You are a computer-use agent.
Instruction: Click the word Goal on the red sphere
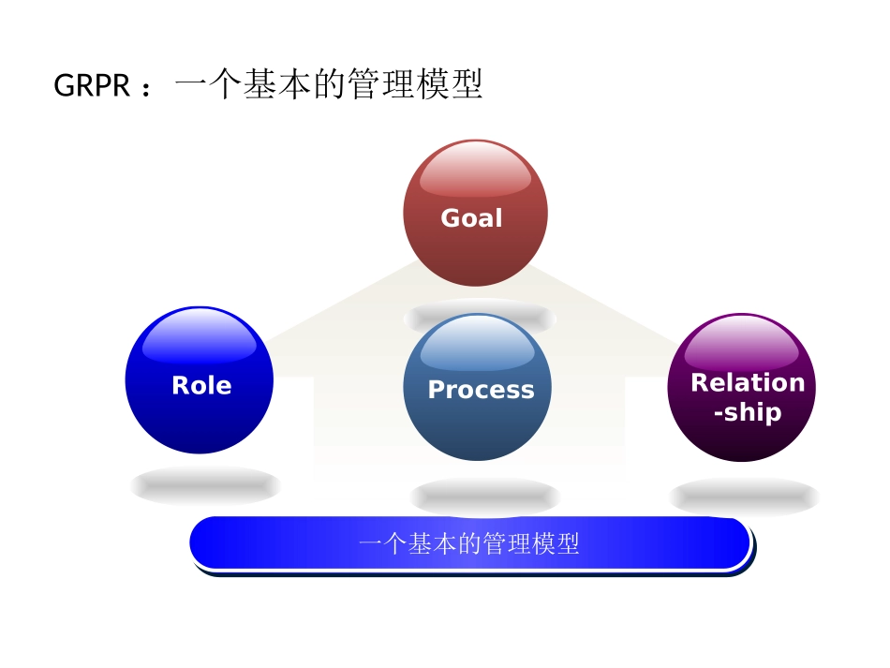[471, 218]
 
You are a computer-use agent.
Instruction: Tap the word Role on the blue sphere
[201, 385]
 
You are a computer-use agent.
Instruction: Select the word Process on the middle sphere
[481, 390]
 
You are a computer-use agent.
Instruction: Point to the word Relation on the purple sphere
[747, 382]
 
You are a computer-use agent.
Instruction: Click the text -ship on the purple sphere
[747, 412]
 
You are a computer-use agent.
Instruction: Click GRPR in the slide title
[91, 86]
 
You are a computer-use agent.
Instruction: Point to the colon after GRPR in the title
[146, 88]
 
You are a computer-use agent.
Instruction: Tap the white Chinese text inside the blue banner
[469, 543]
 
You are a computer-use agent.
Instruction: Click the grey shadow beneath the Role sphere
[205, 485]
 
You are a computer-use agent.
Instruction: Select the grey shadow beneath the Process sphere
[484, 496]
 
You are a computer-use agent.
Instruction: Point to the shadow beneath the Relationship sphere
[744, 497]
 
